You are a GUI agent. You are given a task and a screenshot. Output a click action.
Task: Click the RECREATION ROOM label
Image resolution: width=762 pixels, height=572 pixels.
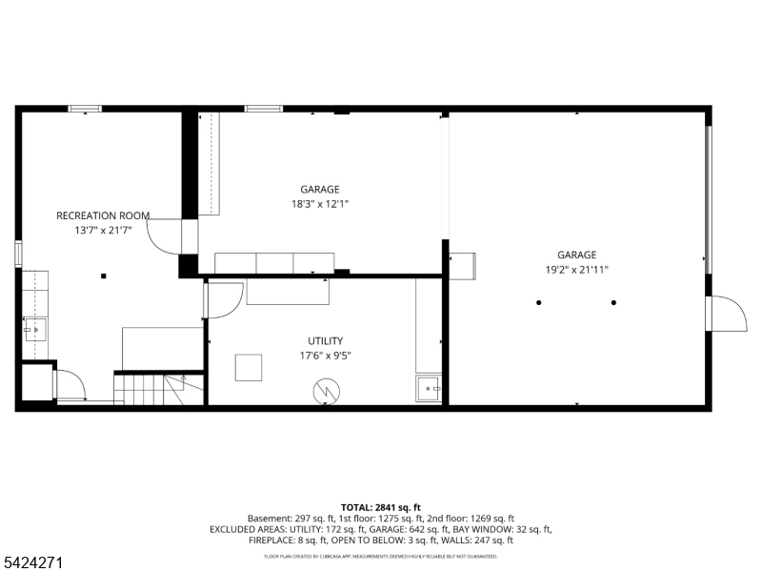coord(103,215)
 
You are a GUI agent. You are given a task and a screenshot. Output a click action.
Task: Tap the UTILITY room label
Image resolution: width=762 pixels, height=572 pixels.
coord(326,341)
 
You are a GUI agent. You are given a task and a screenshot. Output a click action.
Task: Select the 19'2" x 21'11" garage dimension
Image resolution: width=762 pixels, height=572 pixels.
coord(577,270)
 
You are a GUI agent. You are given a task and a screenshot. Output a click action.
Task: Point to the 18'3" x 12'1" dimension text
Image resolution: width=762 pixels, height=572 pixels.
coord(320,204)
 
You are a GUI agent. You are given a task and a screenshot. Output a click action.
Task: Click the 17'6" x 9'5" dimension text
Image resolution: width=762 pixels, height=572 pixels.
coord(325,356)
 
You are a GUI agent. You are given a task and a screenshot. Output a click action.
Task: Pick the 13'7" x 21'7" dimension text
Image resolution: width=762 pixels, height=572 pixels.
coord(103,230)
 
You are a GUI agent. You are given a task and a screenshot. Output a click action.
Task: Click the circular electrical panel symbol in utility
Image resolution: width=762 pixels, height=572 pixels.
coord(326,391)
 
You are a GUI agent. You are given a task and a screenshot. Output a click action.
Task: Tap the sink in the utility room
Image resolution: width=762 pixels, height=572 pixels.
coord(428,389)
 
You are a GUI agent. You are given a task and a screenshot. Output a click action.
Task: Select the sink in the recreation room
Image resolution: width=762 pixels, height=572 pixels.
coord(35,330)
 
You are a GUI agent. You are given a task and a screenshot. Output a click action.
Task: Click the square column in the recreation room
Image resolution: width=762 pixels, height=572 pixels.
coord(104,276)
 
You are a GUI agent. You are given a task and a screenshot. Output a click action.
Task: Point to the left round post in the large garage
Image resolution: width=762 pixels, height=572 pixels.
coord(538,302)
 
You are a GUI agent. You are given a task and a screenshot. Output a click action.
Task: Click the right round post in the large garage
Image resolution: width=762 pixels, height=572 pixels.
coord(613,302)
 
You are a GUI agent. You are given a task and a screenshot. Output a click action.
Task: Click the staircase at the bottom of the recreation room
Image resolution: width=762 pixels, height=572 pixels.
coord(158,389)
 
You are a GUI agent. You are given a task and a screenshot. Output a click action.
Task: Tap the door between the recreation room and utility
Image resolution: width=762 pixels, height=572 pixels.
coord(224,300)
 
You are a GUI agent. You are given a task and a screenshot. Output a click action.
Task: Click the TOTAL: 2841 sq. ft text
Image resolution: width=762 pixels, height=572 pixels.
coord(380,508)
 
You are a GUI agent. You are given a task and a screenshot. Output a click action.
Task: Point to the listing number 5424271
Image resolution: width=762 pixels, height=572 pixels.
coord(31,563)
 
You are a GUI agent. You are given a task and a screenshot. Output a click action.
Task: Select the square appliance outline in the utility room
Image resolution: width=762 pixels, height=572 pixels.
coord(249,368)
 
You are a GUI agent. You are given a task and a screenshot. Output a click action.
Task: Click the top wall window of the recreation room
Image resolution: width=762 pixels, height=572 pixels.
coord(85,109)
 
